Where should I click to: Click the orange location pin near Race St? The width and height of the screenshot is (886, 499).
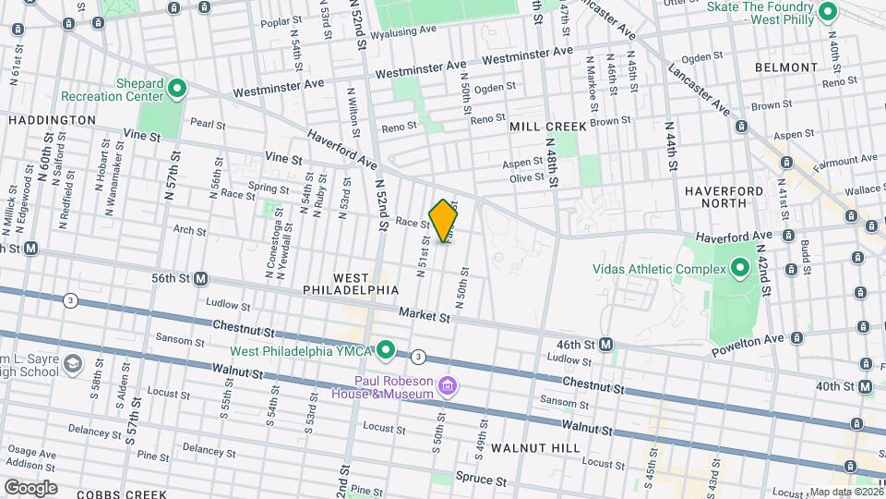(444, 220)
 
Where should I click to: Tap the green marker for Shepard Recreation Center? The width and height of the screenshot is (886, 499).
(177, 90)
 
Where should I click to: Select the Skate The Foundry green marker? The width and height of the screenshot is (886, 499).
(828, 12)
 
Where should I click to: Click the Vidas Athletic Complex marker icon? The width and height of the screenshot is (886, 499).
(739, 269)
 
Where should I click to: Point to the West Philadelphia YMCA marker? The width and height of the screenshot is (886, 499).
(387, 350)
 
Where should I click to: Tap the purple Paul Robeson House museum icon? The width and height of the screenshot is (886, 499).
(448, 384)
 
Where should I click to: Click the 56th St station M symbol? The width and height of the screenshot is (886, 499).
(200, 278)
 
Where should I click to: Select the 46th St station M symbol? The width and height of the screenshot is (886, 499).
(605, 344)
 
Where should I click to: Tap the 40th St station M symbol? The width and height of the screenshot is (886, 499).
(864, 386)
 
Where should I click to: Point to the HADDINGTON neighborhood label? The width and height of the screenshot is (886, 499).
(52, 120)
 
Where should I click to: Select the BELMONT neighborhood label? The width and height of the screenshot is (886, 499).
(785, 67)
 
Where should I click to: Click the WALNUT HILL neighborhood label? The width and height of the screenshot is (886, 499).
(535, 448)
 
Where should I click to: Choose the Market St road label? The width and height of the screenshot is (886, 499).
(425, 316)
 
